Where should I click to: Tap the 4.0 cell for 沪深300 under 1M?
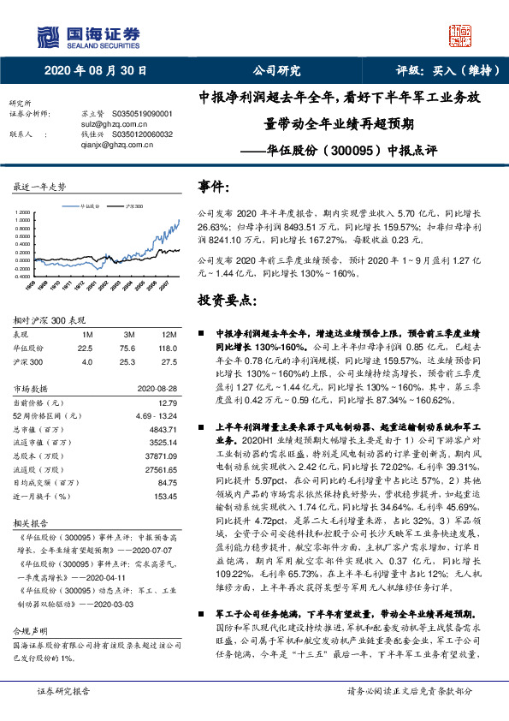[86, 362]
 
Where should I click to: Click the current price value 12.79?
[169, 401]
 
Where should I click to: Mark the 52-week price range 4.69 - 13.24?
[156, 414]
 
